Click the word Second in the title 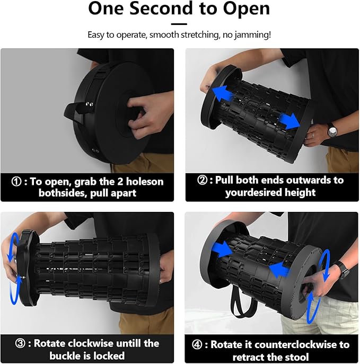click(161, 8)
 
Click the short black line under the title click(179, 24)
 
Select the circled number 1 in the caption click(16, 182)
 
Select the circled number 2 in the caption click(202, 180)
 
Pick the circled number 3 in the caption click(20, 343)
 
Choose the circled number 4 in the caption click(197, 344)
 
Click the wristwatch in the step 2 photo click(331, 130)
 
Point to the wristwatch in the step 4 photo click(343, 270)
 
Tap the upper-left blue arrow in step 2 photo click(223, 94)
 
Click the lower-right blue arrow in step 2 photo click(289, 121)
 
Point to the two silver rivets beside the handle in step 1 click(89, 104)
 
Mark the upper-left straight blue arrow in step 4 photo click(221, 249)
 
